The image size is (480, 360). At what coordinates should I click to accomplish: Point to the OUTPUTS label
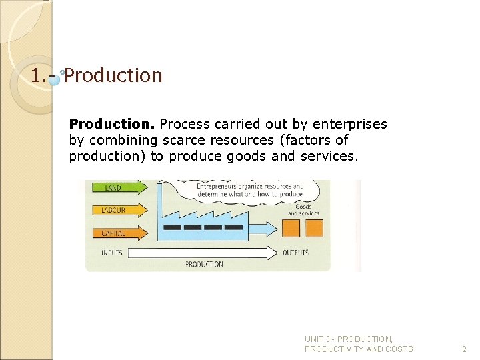(x=296, y=253)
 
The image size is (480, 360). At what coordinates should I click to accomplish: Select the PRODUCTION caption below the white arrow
(x=204, y=264)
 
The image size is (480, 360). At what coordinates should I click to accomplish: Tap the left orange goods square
(x=291, y=229)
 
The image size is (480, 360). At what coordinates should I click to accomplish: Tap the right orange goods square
(x=313, y=229)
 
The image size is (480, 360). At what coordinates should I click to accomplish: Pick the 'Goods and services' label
(x=303, y=210)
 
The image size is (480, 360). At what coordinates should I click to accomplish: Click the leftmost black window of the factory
(x=172, y=227)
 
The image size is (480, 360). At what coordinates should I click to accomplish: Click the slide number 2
(x=465, y=349)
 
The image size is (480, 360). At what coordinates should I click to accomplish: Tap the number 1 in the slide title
(x=35, y=75)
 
